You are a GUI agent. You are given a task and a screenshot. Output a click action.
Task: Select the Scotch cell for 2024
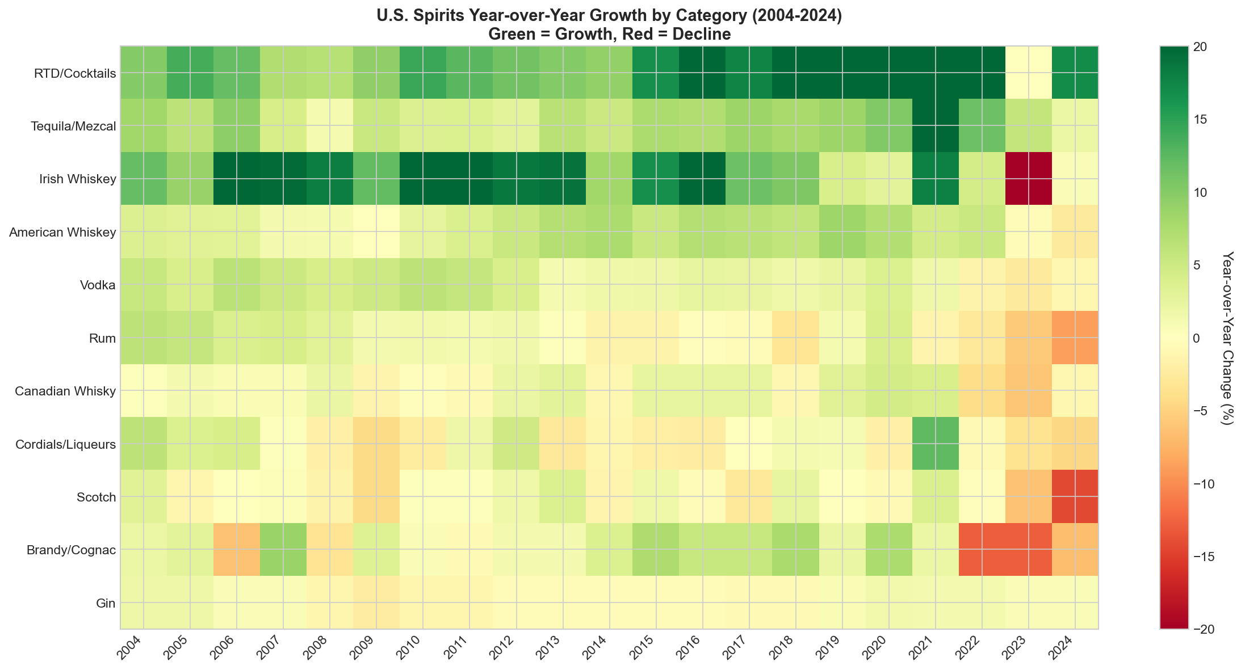click(1075, 497)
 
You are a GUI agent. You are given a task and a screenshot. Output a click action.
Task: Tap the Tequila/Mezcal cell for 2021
click(936, 126)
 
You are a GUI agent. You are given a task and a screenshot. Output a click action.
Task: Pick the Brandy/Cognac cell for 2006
click(237, 550)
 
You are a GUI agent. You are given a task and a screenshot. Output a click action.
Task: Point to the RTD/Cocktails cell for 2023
click(1029, 73)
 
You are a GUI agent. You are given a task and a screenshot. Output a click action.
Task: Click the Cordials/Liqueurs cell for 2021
click(936, 444)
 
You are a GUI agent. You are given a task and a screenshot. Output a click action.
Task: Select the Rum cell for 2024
click(1075, 338)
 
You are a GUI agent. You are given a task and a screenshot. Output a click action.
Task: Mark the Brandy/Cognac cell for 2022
click(982, 550)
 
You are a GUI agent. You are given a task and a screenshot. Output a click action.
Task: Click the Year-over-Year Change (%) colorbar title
click(1227, 338)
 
